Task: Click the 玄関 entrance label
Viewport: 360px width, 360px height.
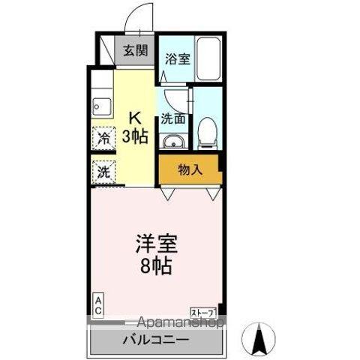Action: [135, 52]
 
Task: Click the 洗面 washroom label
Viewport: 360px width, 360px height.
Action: [173, 118]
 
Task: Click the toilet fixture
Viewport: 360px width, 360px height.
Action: [207, 135]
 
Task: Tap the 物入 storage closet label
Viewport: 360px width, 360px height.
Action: [190, 169]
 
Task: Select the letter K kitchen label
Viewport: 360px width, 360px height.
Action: [135, 117]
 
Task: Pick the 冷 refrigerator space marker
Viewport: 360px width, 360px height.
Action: [102, 139]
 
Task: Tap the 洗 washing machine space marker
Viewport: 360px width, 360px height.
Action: [102, 171]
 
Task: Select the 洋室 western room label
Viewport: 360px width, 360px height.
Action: [157, 245]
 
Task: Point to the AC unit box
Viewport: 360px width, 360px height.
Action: [98, 302]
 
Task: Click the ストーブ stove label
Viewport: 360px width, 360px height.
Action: [202, 310]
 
